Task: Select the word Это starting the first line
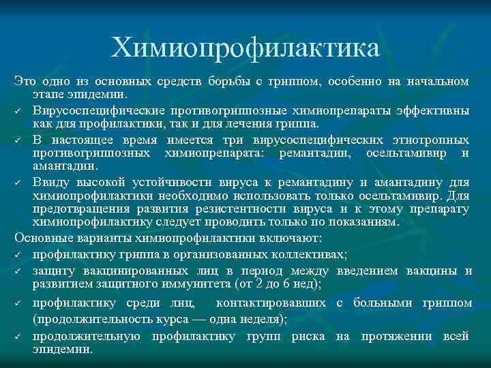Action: (25, 82)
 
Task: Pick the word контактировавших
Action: (273, 302)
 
